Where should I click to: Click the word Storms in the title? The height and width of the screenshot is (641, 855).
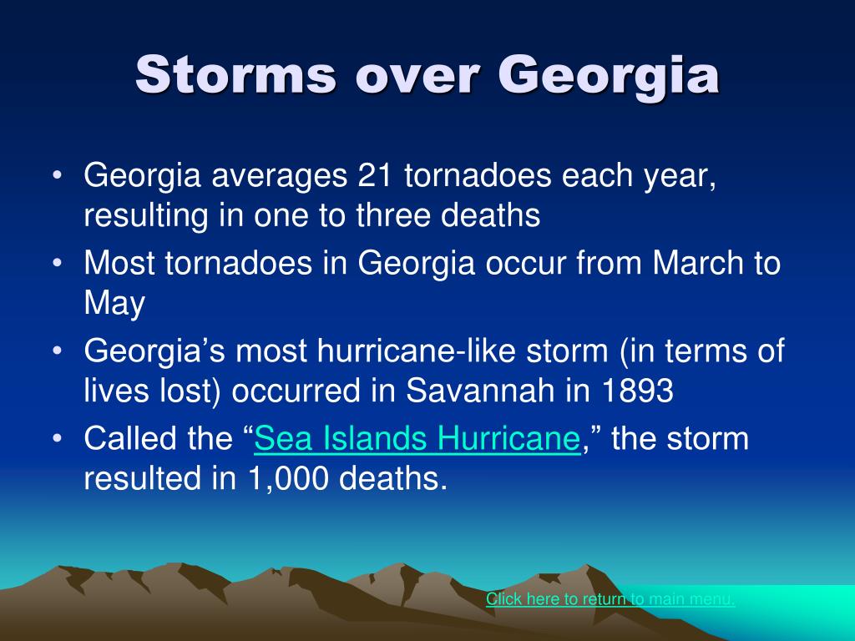pos(235,74)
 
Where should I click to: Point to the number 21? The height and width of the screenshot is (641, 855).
pos(375,175)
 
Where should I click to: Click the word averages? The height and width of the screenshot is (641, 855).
pos(279,178)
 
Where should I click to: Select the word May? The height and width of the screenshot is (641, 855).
pos(114,304)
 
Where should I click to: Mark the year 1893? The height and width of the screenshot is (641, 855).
pos(638,391)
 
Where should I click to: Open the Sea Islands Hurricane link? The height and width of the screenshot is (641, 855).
pos(417,439)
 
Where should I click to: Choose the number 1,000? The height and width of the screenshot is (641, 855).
pos(288,479)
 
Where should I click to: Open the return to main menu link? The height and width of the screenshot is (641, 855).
pos(610,599)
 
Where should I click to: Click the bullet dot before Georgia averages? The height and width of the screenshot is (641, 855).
pos(58,176)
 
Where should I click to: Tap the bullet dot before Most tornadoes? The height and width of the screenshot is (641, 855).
pos(58,263)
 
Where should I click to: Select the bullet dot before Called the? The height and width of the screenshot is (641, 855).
pos(58,439)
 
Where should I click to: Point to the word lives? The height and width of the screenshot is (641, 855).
pos(116,391)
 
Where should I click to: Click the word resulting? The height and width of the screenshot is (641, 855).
pos(146,217)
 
